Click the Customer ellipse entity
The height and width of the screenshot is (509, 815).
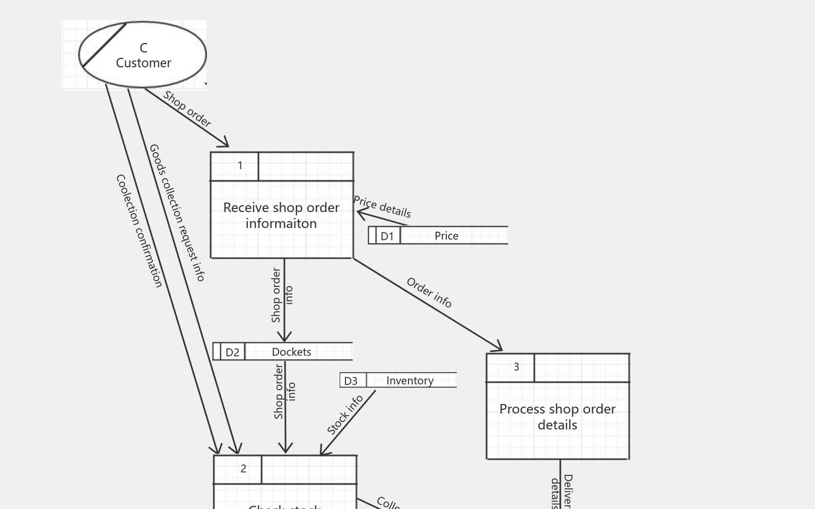click(x=142, y=55)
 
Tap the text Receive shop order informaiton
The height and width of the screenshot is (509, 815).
click(x=281, y=215)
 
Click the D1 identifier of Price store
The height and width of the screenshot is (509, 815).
click(x=387, y=236)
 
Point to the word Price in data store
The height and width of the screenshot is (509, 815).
click(x=446, y=236)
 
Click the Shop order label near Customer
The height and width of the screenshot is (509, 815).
click(x=187, y=109)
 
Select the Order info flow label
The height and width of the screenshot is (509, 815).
click(x=429, y=292)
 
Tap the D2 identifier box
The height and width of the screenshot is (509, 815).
click(x=232, y=352)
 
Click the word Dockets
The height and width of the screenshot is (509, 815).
click(x=291, y=352)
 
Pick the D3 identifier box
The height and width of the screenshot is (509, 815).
click(x=351, y=381)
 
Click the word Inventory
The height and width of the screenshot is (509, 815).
click(x=410, y=381)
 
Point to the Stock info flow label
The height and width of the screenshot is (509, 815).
click(x=345, y=415)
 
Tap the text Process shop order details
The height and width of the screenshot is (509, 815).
click(x=557, y=417)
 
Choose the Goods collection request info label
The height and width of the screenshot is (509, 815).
click(x=177, y=212)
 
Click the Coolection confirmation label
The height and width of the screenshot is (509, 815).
click(x=139, y=231)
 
